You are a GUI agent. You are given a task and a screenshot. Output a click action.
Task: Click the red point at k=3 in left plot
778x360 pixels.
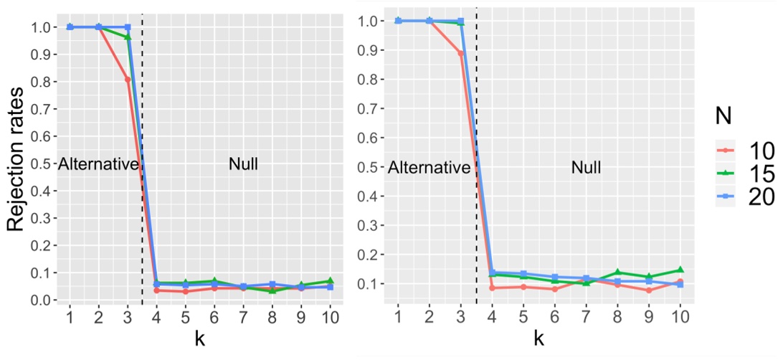[128, 80]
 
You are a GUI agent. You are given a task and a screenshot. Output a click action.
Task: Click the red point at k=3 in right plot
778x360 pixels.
[460, 54]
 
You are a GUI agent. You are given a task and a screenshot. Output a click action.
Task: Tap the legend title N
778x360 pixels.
[726, 115]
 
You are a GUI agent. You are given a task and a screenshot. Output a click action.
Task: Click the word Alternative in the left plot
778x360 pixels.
[98, 164]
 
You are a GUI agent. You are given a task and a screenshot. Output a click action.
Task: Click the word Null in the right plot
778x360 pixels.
[587, 169]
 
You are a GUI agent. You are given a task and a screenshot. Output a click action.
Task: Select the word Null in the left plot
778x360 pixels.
[243, 164]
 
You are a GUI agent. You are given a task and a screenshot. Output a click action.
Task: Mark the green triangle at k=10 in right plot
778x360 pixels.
[680, 270]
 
